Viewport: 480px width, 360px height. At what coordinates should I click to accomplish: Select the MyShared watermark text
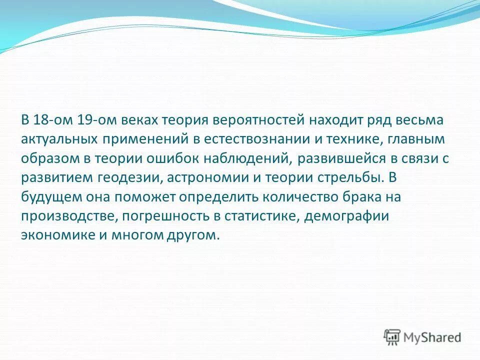432,337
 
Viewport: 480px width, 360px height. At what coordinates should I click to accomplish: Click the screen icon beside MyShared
392,337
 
